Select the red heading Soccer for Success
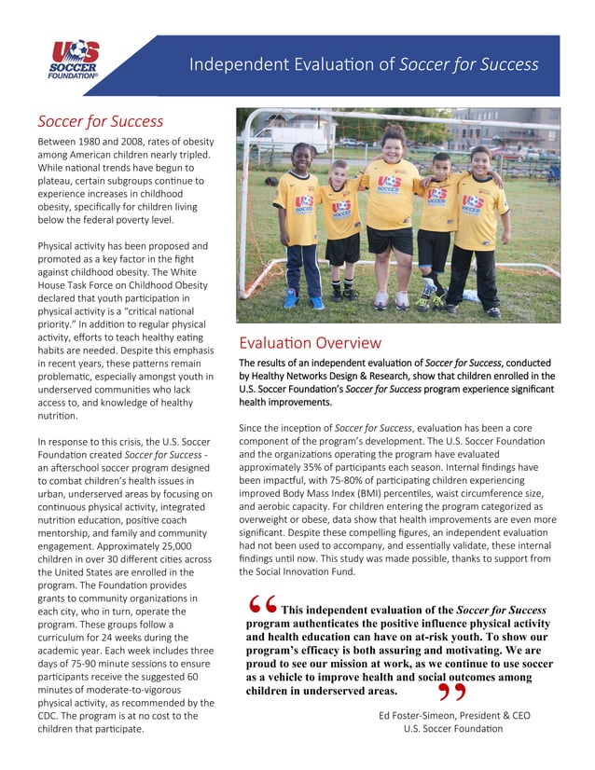point(100,121)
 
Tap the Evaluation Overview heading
point(310,342)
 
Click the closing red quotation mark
point(450,693)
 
